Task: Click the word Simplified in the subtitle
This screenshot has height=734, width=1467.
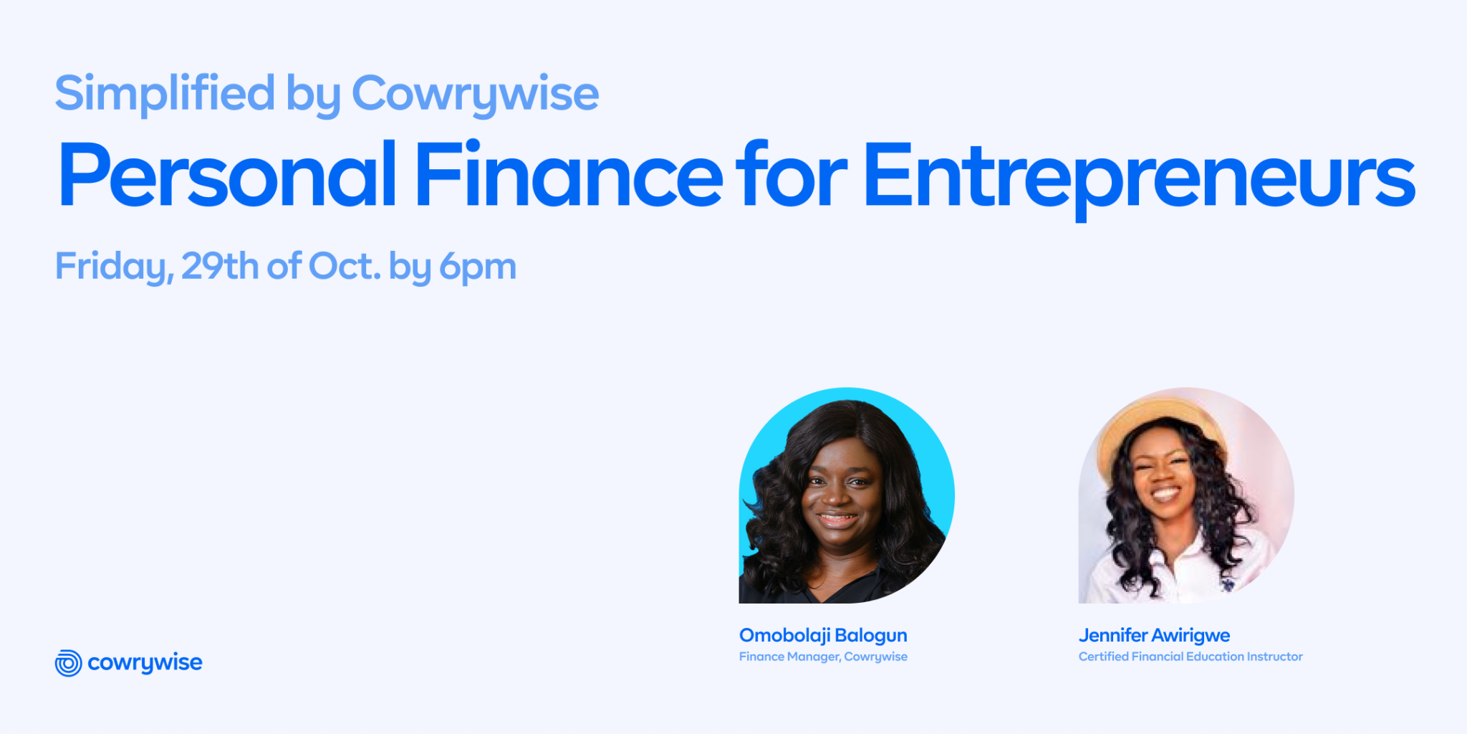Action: click(165, 94)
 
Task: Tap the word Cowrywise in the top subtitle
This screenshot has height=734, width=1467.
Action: click(475, 94)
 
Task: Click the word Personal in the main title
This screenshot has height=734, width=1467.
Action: click(227, 176)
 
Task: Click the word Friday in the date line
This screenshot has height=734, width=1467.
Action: click(113, 267)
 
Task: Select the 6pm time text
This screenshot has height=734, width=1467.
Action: click(478, 267)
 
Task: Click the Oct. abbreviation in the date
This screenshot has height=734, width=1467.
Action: click(345, 266)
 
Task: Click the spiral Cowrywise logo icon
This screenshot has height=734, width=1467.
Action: click(68, 663)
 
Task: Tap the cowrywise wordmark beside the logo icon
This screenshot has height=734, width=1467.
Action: click(145, 663)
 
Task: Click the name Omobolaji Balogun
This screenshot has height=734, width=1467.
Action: click(823, 635)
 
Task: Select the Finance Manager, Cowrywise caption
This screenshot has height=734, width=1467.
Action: click(823, 657)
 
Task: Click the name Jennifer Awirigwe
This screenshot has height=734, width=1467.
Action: click(1154, 635)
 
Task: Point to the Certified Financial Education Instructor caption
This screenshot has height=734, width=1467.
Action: click(1191, 657)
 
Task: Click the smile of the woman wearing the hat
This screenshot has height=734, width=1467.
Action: click(1165, 494)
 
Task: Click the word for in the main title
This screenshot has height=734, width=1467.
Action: click(791, 176)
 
